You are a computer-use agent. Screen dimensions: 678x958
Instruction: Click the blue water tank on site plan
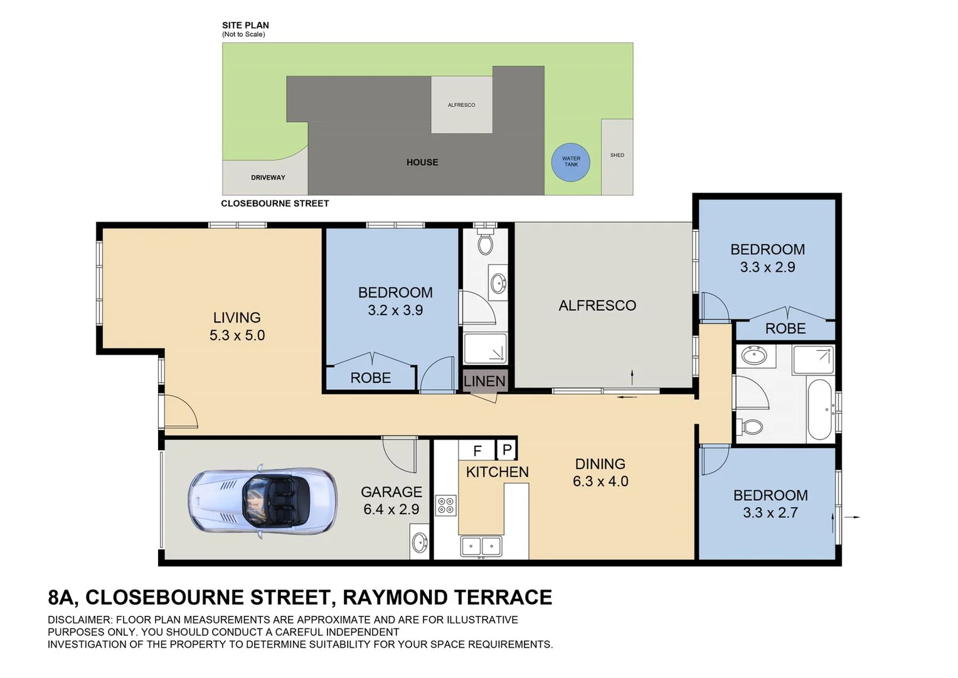(570, 162)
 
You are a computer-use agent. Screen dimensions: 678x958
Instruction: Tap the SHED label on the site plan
(617, 155)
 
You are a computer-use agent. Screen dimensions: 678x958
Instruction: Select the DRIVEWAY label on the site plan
(268, 178)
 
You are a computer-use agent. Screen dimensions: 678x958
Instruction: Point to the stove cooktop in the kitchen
(445, 505)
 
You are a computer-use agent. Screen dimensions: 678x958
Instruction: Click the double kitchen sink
(481, 546)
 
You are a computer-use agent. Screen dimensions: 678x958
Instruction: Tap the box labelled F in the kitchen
(477, 451)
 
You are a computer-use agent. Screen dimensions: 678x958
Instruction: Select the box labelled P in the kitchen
(507, 449)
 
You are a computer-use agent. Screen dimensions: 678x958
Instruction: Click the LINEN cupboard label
(484, 381)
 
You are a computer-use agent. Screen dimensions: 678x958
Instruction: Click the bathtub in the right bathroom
(819, 409)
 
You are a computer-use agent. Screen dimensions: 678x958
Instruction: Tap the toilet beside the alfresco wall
(485, 243)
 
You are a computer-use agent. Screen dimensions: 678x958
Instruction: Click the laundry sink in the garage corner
(420, 541)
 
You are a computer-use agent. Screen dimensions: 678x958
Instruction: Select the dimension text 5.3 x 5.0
(237, 335)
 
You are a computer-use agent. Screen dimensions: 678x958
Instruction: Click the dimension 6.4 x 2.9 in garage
(391, 509)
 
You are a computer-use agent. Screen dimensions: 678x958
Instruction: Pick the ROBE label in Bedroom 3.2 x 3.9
(370, 378)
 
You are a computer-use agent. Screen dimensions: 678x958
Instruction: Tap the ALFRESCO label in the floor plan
(597, 306)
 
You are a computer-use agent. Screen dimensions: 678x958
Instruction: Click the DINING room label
(600, 464)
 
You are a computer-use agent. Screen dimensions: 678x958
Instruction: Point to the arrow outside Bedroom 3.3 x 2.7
(852, 517)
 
